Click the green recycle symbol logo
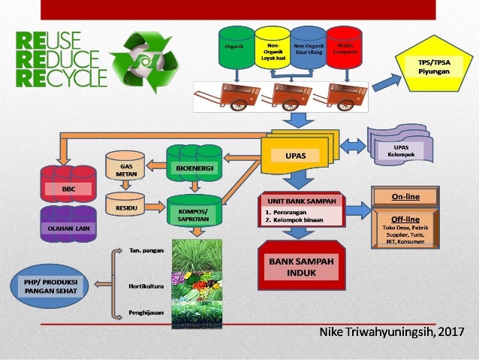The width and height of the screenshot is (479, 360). coord(143,62)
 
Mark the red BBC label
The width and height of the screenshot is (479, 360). coord(68,187)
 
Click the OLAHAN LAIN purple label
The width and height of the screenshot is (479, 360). coord(68,225)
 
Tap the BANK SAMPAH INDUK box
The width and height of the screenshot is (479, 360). coord(298,267)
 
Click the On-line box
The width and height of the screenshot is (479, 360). coord(405,197)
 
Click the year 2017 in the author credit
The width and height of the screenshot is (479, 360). coord(450,332)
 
